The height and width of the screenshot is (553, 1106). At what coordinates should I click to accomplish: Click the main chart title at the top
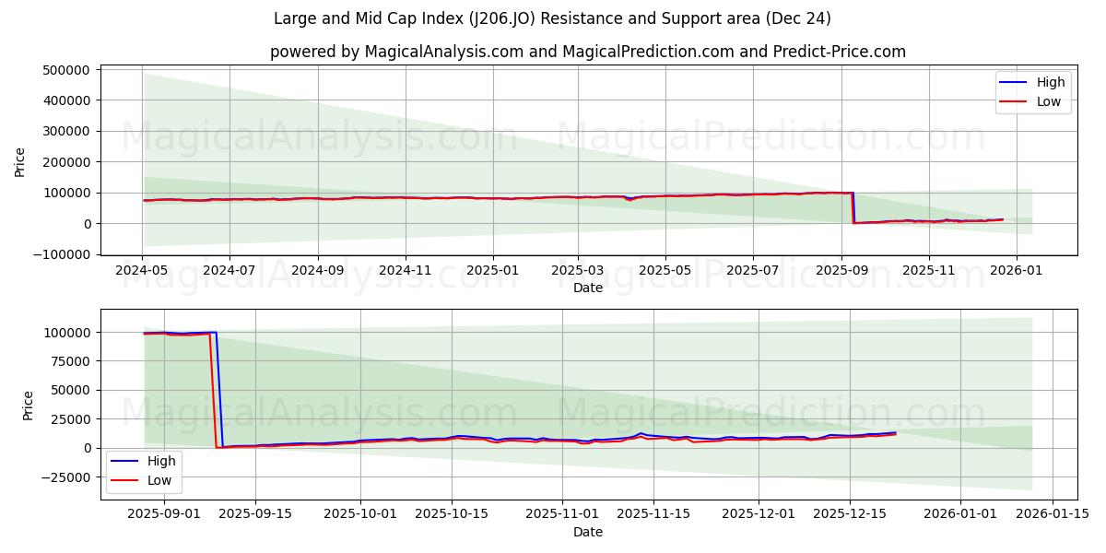click(552, 18)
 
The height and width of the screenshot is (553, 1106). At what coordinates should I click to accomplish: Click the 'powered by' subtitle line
click(587, 52)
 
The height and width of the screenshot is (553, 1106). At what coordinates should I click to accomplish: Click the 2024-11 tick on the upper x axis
click(406, 272)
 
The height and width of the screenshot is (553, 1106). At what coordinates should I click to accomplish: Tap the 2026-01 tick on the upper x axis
click(1017, 272)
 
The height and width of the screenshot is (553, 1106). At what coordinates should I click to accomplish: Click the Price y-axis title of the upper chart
click(20, 161)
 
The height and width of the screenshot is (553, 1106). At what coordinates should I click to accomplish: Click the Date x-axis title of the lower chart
click(587, 532)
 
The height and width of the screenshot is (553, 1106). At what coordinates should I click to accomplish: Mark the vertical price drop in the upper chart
click(853, 207)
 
